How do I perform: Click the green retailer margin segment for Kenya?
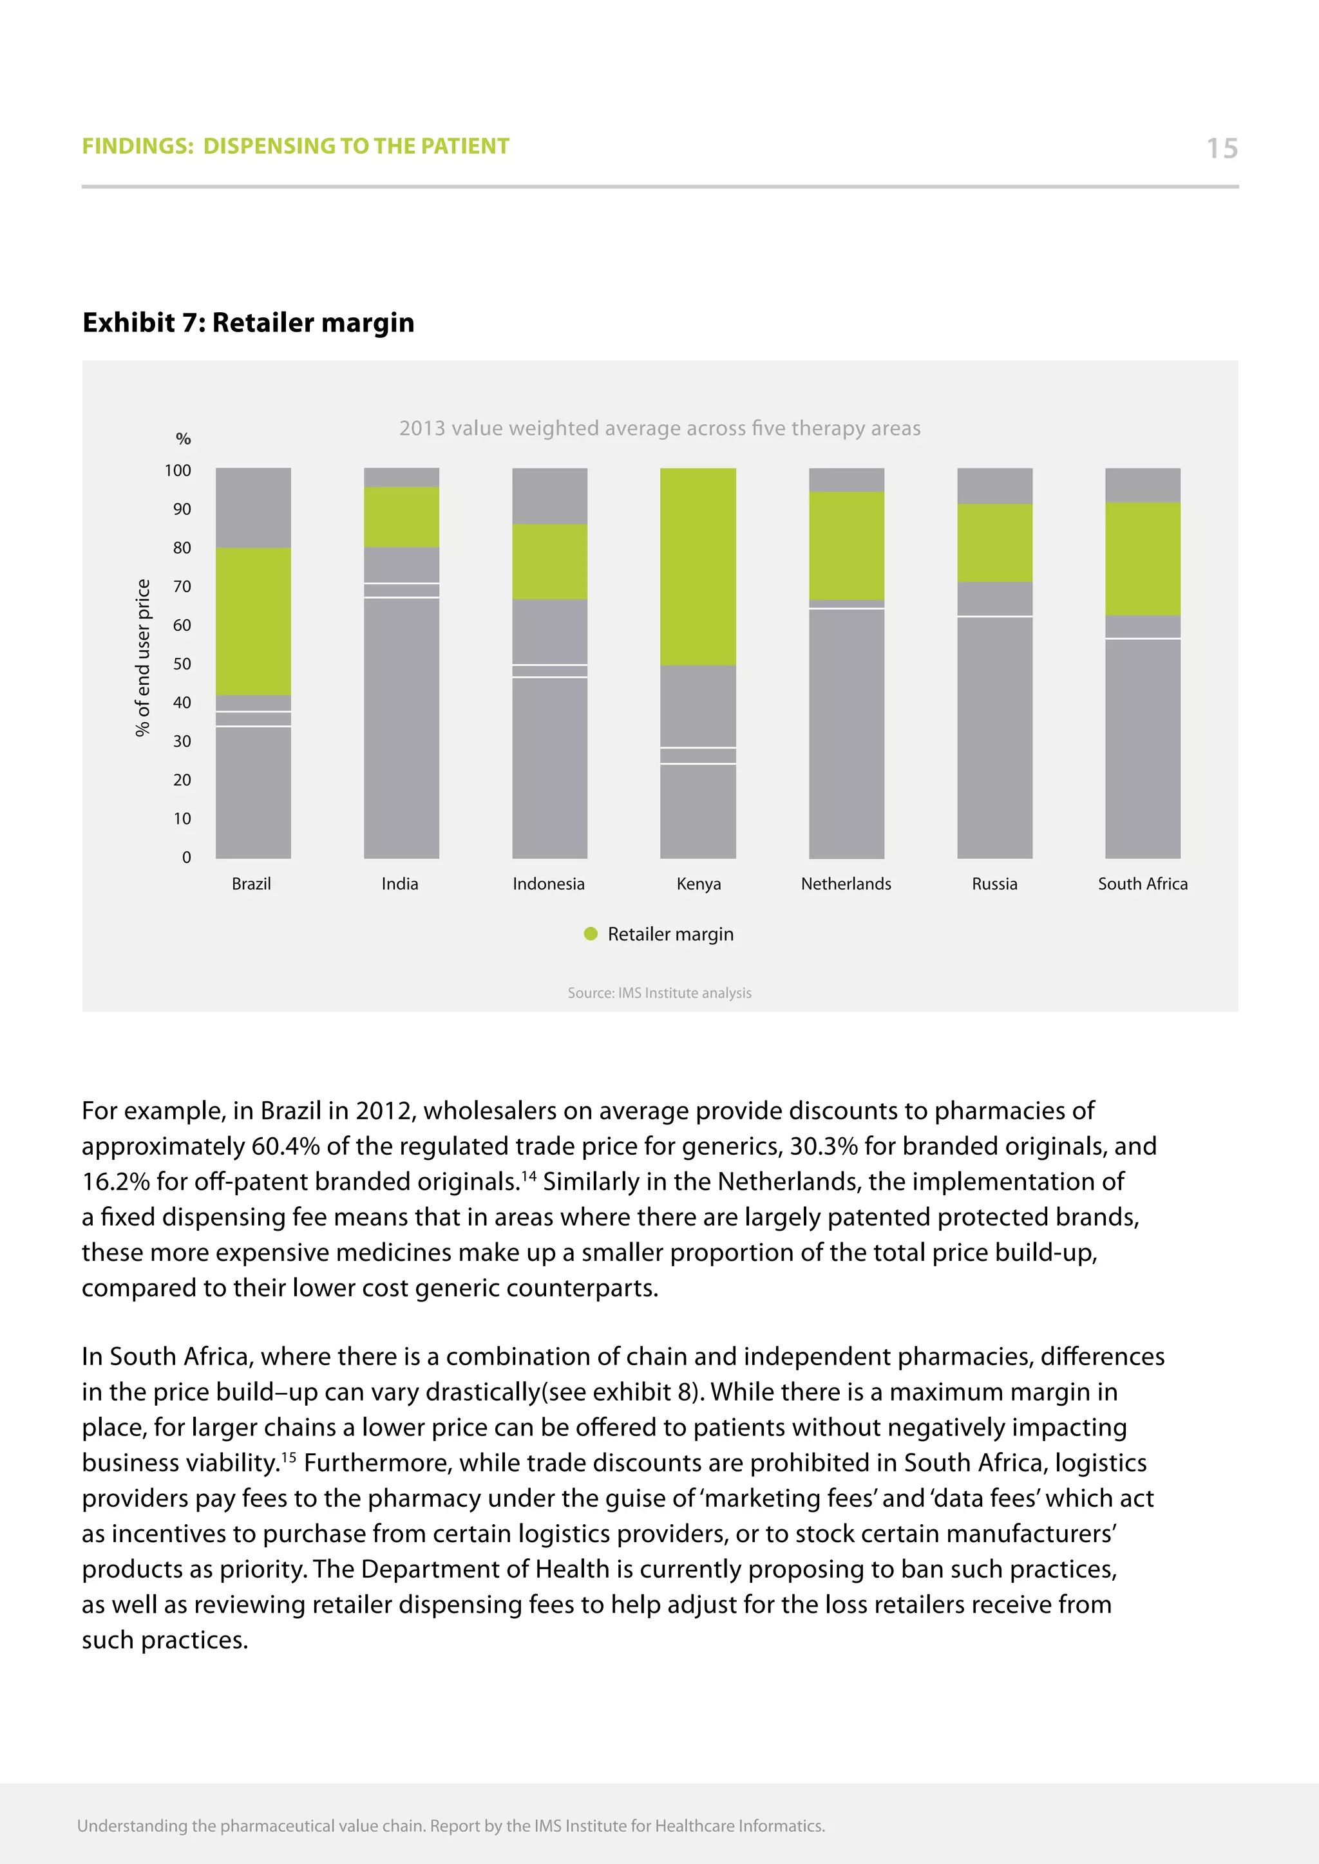[x=697, y=566]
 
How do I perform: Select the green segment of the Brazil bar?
[x=252, y=621]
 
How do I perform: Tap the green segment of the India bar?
[x=401, y=516]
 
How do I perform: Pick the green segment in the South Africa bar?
[x=1142, y=559]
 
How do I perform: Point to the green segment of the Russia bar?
[x=994, y=543]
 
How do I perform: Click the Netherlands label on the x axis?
[x=846, y=883]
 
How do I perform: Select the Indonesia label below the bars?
[x=548, y=883]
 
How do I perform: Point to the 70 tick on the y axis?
[x=182, y=586]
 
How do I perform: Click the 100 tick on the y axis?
[x=178, y=470]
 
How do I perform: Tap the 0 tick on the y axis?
[x=187, y=857]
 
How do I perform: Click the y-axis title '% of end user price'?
[x=143, y=658]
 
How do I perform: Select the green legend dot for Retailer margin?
[x=591, y=934]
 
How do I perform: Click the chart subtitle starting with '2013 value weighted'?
[x=659, y=428]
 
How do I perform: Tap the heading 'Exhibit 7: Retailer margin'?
[x=249, y=322]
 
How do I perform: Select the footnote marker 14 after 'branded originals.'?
[x=529, y=1175]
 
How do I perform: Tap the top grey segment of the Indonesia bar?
[x=549, y=495]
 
